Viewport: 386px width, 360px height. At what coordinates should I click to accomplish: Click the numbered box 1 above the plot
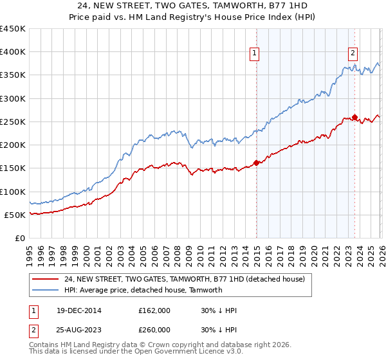255,53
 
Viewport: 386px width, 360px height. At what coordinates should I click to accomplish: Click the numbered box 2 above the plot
353,53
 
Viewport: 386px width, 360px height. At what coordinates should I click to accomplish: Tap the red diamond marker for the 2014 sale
256,163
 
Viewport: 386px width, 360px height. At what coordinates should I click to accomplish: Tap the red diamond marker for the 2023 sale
354,117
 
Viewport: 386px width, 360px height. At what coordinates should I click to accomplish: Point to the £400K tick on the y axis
13,52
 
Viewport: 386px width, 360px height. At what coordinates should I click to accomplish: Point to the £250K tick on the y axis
13,122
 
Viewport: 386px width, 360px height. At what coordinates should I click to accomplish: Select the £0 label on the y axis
20,238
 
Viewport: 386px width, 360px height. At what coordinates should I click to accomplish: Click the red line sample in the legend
46,280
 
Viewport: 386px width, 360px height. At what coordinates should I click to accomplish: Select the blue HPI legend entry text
143,290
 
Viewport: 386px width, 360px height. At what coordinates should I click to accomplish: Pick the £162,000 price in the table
154,310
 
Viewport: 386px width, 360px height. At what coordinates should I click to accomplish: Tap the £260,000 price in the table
154,330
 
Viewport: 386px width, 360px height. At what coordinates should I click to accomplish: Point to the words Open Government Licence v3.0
178,353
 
